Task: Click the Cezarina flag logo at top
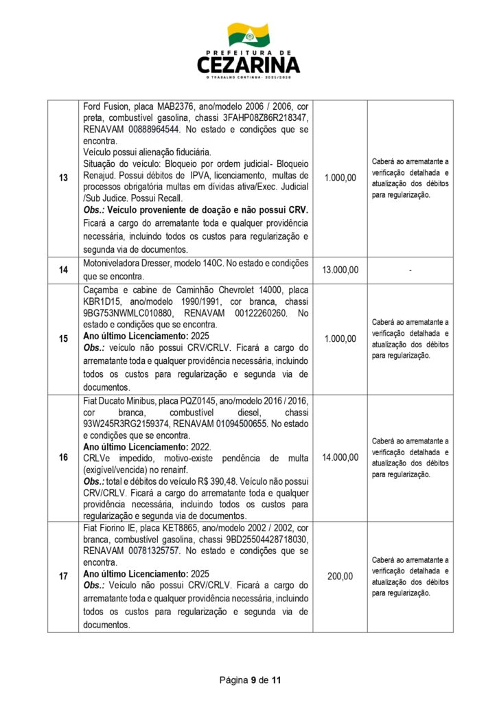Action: click(x=248, y=34)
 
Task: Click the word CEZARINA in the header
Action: click(x=248, y=65)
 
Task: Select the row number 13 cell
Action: click(x=64, y=178)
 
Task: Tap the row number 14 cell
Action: click(x=64, y=270)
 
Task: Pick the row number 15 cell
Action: click(x=64, y=338)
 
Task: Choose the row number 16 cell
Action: click(x=64, y=457)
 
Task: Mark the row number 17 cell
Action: click(x=64, y=577)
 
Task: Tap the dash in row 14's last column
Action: click(x=410, y=270)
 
